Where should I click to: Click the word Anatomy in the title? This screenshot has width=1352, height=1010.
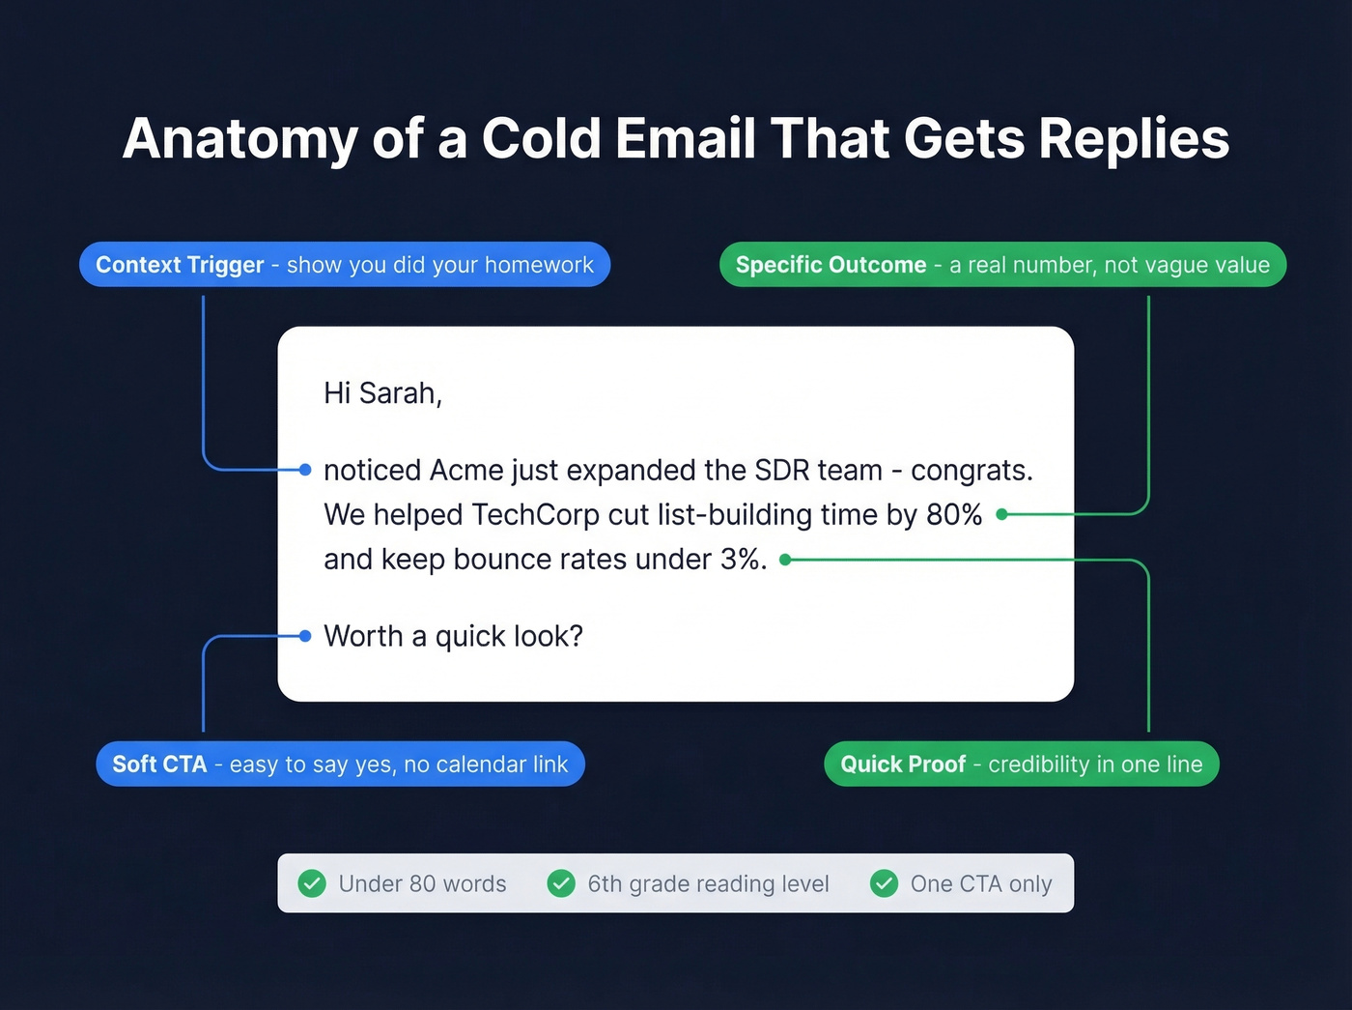tap(239, 139)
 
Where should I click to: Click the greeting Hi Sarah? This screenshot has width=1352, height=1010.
tap(382, 393)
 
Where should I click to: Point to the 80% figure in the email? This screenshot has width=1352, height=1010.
tap(954, 515)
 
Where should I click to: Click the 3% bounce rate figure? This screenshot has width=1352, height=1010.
tap(743, 560)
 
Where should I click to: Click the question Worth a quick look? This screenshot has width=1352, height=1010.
tap(453, 637)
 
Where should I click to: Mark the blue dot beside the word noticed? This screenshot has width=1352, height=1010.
tap(305, 470)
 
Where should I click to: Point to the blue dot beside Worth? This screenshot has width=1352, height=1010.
tap(305, 636)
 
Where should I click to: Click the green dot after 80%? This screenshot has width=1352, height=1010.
tap(1002, 514)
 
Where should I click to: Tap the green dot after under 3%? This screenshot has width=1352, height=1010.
tap(785, 560)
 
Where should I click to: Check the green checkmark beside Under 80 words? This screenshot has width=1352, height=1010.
tap(312, 883)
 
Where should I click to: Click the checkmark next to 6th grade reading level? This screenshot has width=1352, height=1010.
tap(561, 883)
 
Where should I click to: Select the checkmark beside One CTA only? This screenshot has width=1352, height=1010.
tap(884, 883)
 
